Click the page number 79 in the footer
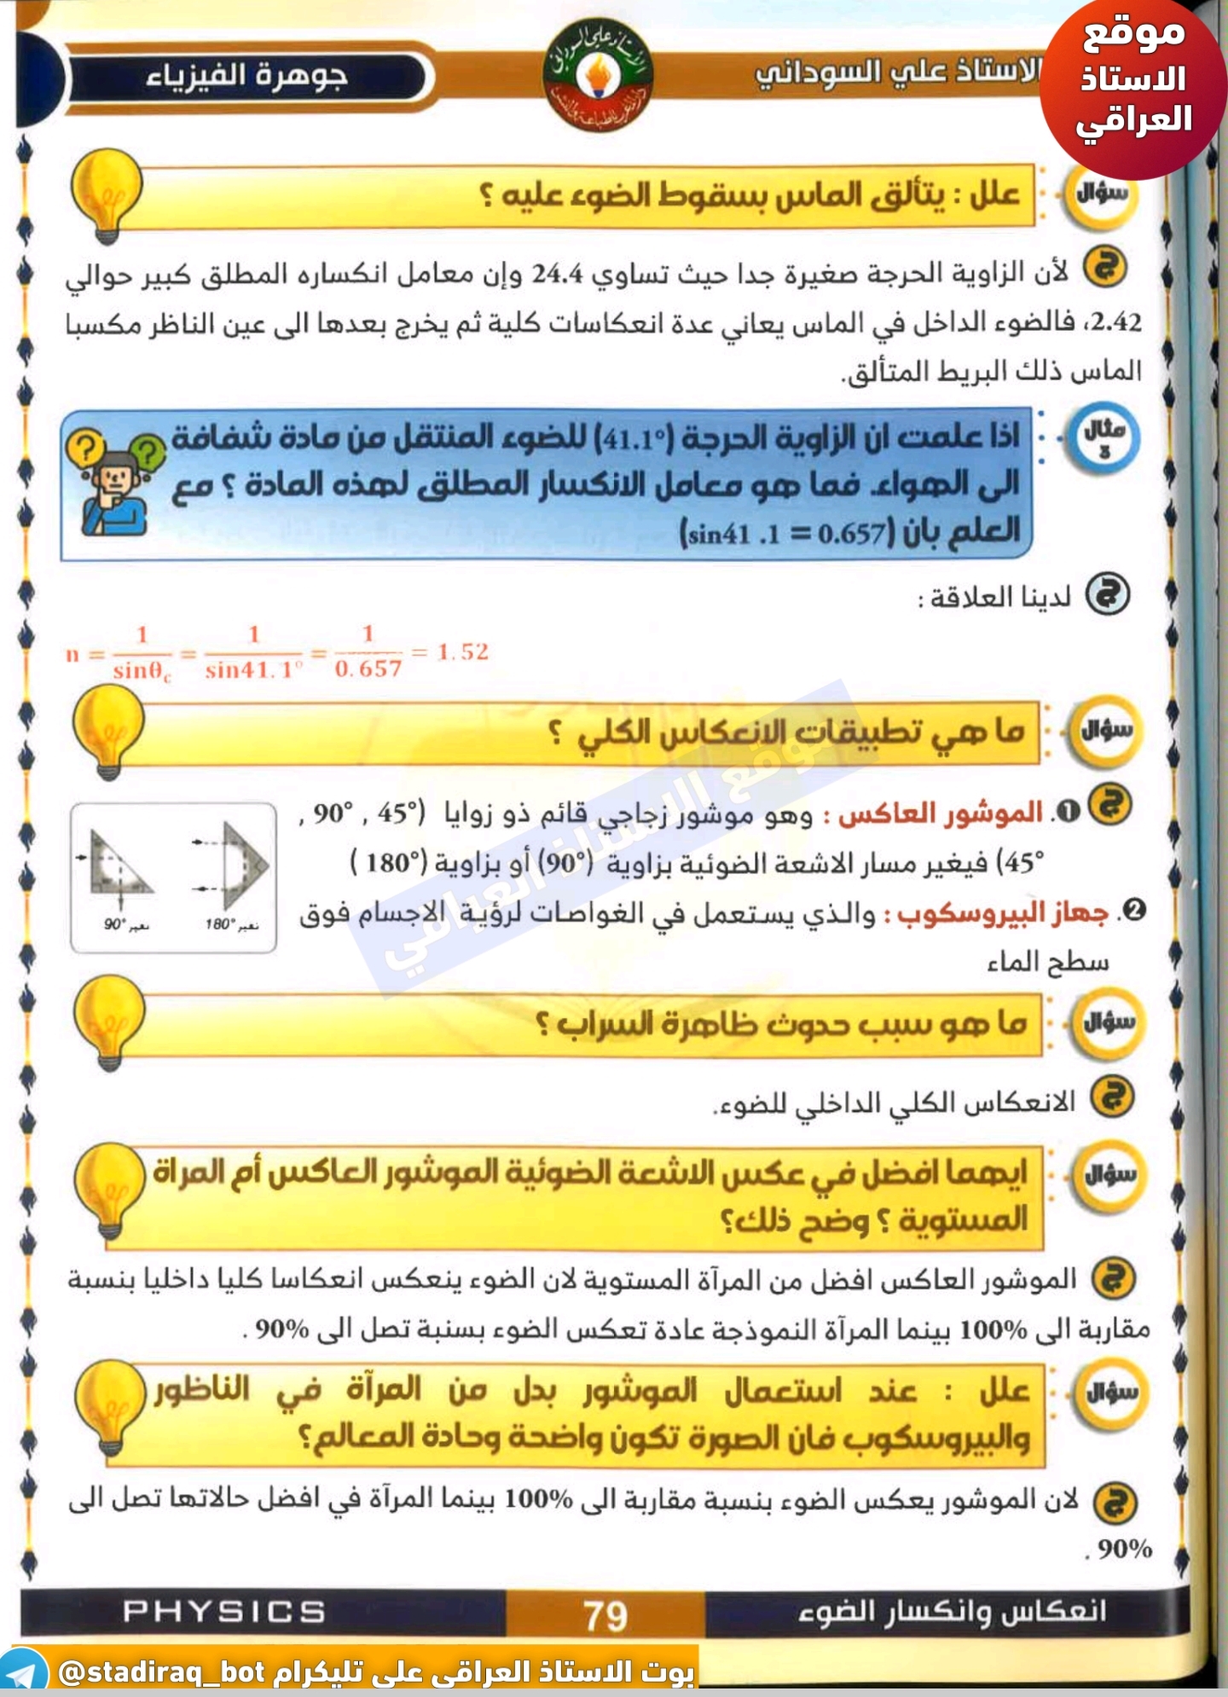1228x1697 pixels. point(605,1615)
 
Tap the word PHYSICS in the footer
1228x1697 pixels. point(224,1611)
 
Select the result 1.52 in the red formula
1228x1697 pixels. point(463,652)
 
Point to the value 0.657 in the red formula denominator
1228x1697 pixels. point(368,669)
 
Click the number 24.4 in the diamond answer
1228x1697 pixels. point(558,275)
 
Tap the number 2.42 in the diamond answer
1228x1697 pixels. point(1115,322)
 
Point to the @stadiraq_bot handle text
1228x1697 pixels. point(162,1672)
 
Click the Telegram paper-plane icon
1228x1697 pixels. point(23,1673)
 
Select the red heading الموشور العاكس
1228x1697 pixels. point(940,814)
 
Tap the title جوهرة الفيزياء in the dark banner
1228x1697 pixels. point(246,77)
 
